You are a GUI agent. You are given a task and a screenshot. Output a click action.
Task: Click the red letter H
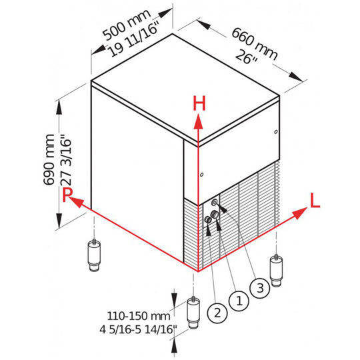pos(199,103)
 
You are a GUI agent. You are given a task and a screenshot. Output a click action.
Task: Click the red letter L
pos(315,201)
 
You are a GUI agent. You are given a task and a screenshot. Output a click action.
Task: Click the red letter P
pos(67,195)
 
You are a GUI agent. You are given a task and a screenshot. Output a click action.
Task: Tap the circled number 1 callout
pos(239,301)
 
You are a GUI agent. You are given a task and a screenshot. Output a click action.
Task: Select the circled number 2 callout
pos(217,313)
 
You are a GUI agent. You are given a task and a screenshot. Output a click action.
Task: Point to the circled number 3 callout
pos(260,288)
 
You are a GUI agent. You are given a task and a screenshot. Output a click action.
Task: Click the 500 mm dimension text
pos(126,25)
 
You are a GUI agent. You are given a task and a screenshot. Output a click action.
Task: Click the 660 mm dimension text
pos(254,44)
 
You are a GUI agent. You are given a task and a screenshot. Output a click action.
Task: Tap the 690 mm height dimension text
pos(49,159)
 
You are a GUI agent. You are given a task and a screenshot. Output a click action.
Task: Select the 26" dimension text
pos(247,57)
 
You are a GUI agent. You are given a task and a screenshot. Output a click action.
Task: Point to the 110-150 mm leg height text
pos(139,316)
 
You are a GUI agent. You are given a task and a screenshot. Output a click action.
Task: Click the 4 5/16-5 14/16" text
pos(139,330)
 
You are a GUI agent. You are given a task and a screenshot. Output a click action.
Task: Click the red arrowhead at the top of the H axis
pos(198,123)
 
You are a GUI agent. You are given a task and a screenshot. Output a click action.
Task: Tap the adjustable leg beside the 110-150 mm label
pos(193,313)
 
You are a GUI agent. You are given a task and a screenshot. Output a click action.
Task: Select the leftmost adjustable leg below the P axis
pos(94,255)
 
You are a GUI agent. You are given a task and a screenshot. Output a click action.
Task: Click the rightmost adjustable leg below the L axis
pos(276,271)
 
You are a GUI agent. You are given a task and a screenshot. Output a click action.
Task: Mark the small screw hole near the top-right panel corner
pos(276,132)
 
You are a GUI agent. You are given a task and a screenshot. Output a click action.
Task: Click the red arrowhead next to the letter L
pos(300,213)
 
